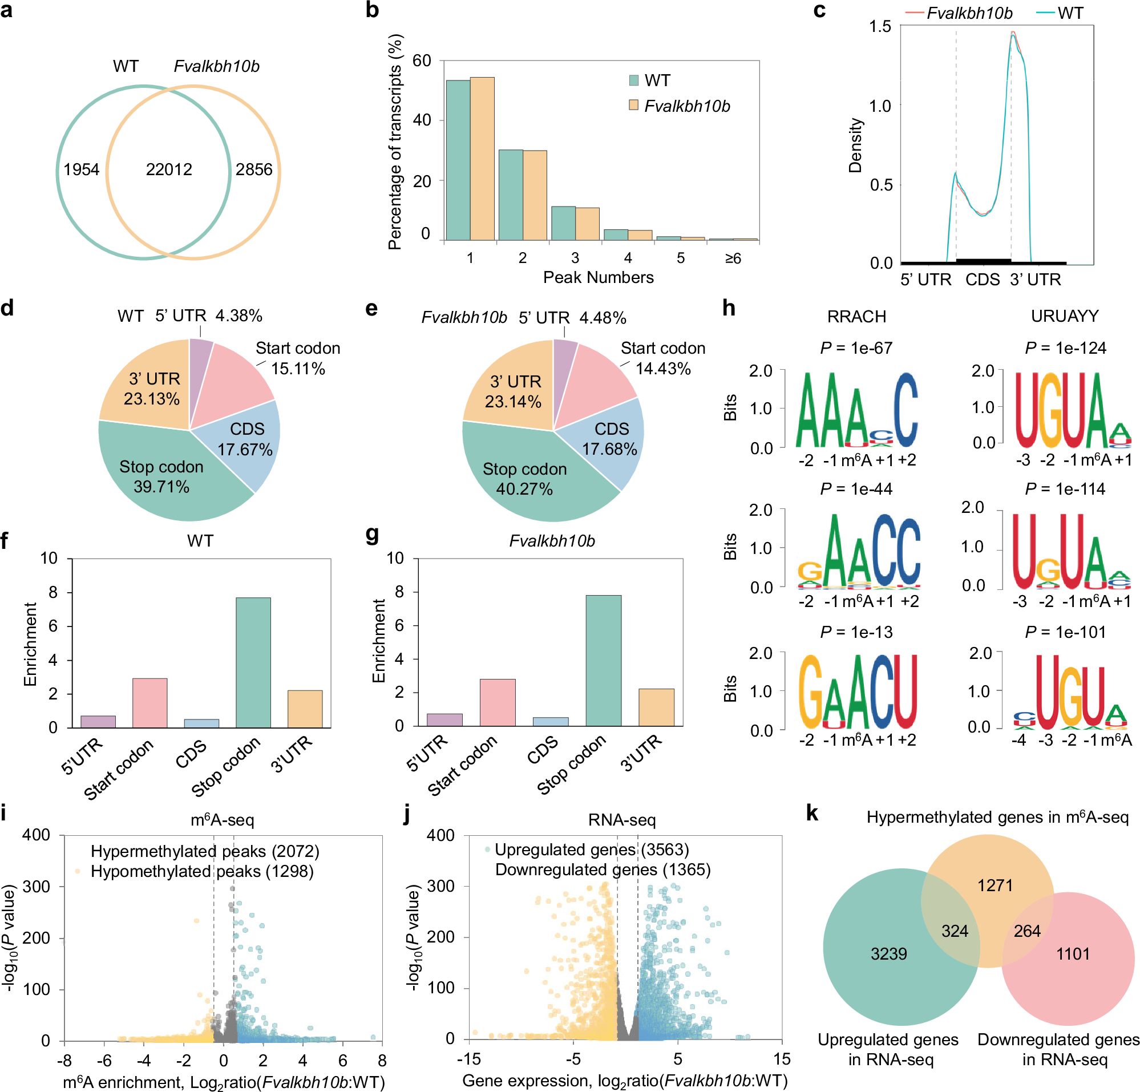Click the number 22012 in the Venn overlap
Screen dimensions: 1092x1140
[169, 170]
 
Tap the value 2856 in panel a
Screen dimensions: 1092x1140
[253, 170]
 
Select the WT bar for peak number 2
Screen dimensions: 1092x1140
[510, 195]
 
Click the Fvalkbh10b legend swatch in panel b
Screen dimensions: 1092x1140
[634, 105]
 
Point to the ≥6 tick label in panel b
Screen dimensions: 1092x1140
[733, 258]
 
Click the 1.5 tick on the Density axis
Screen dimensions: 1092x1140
[880, 27]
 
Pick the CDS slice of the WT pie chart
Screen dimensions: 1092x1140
[244, 442]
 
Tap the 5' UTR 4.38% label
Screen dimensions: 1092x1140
[208, 316]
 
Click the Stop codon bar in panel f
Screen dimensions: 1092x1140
[253, 662]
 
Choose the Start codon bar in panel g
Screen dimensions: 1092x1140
[498, 702]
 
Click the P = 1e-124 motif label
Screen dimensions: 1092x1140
[1065, 348]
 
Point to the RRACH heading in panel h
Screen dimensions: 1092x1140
[856, 317]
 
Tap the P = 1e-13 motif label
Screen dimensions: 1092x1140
[856, 633]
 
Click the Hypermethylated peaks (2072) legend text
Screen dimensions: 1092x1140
[205, 852]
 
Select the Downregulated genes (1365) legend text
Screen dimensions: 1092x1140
[603, 870]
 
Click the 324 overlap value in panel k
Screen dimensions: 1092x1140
[955, 931]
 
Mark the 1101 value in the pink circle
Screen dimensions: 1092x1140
[1073, 953]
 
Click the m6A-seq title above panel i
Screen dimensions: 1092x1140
[222, 820]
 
